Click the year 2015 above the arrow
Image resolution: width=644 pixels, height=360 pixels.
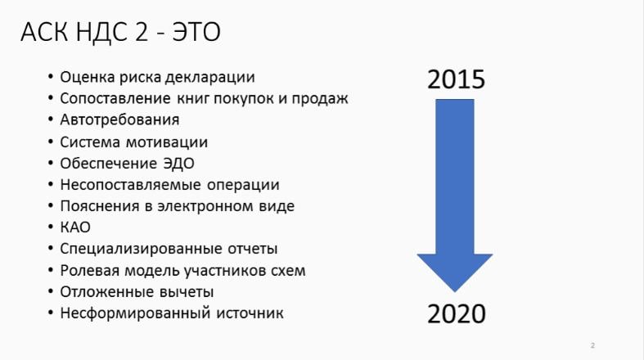pyautogui.click(x=457, y=79)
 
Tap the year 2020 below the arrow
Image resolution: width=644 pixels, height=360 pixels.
pyautogui.click(x=457, y=314)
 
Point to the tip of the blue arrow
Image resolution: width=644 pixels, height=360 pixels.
pyautogui.click(x=455, y=292)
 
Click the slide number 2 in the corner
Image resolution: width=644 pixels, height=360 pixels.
pyautogui.click(x=592, y=345)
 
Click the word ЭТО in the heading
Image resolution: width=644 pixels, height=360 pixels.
pyautogui.click(x=196, y=32)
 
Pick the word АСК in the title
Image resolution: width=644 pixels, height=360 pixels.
pyautogui.click(x=44, y=32)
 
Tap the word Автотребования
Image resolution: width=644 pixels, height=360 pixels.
pyautogui.click(x=119, y=119)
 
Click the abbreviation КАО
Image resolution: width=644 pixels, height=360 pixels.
pyautogui.click(x=75, y=227)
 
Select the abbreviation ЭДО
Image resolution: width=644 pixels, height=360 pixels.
pyautogui.click(x=178, y=164)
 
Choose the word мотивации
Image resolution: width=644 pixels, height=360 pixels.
pyautogui.click(x=166, y=142)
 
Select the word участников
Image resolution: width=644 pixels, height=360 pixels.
pyautogui.click(x=225, y=271)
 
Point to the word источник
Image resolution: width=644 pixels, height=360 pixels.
pyautogui.click(x=250, y=313)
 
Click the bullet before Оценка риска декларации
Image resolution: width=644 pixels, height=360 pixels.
pyautogui.click(x=51, y=77)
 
